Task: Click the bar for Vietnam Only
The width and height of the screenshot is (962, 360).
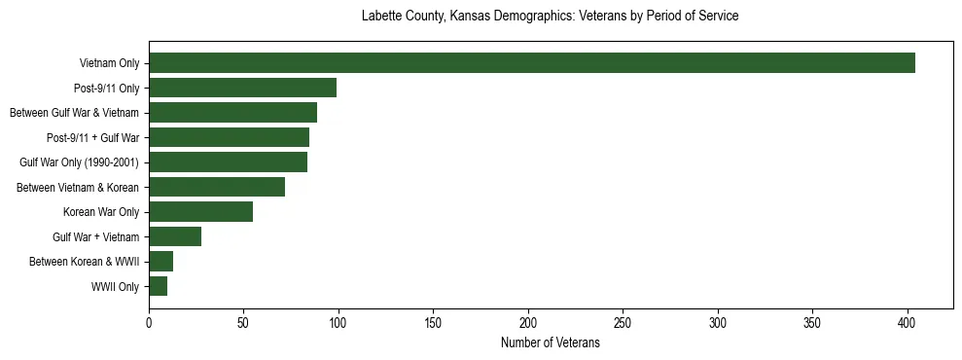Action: tap(532, 63)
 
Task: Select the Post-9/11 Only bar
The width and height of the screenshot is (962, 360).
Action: tap(243, 89)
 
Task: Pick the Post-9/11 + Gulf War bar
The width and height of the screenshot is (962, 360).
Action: tap(230, 137)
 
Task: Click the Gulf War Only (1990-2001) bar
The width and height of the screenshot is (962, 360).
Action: tap(229, 162)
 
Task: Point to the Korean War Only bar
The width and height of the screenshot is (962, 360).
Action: tap(201, 212)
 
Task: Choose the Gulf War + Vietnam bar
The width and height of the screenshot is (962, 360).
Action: tap(175, 236)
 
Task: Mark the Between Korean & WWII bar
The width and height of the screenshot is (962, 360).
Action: tap(161, 262)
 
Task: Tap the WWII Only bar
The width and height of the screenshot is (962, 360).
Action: tap(159, 286)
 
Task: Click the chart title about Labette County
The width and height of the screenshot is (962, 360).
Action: tap(550, 17)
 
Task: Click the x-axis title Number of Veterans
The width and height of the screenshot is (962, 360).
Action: tap(550, 343)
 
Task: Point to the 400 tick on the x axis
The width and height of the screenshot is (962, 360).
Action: tap(908, 322)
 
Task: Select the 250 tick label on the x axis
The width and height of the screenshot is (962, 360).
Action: tap(624, 322)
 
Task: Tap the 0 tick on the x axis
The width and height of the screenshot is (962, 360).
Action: tap(149, 322)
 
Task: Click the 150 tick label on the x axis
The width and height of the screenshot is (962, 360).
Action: tap(434, 322)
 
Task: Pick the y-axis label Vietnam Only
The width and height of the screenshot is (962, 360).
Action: tap(109, 64)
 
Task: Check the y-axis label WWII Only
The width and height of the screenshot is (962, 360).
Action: tap(115, 287)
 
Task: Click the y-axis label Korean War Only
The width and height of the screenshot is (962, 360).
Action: tap(101, 212)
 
